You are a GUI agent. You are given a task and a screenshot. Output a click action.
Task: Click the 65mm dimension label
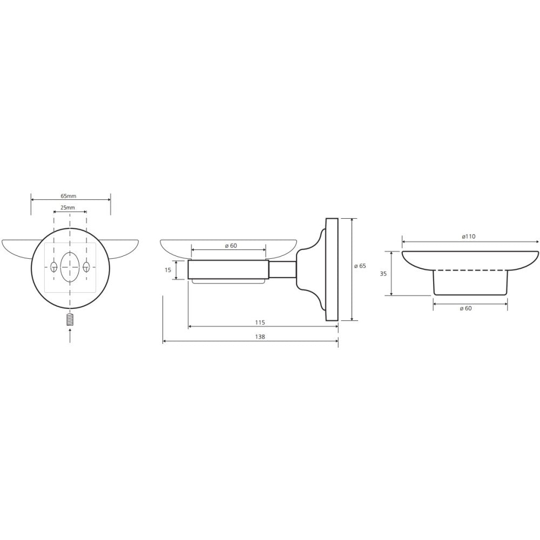pyautogui.click(x=68, y=196)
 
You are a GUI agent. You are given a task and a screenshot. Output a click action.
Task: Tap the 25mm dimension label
pyautogui.click(x=67, y=208)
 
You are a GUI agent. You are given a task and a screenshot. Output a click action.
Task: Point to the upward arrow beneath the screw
pyautogui.click(x=70, y=335)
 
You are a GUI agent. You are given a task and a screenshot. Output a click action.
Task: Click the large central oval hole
pyautogui.click(x=70, y=267)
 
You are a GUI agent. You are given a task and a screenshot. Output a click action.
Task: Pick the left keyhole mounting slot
pyautogui.click(x=53, y=267)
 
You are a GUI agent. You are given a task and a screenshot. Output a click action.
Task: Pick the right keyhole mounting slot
pyautogui.click(x=86, y=267)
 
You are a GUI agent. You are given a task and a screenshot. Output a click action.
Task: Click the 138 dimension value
pyautogui.click(x=260, y=337)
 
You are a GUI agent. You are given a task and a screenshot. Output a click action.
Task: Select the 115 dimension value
pyautogui.click(x=260, y=322)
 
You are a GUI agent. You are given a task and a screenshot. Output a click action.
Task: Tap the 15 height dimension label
pyautogui.click(x=168, y=270)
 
